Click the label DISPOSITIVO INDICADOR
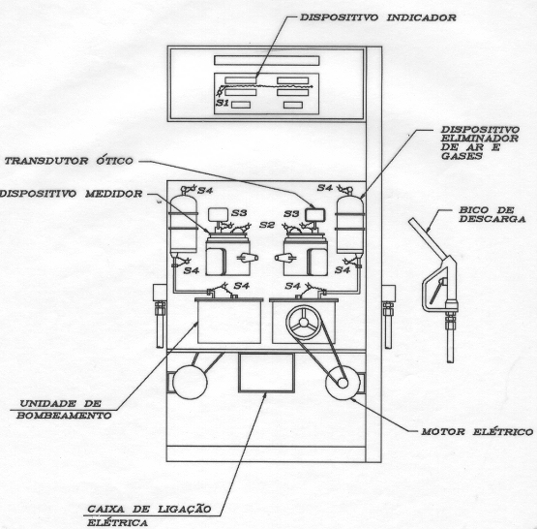tap(378, 17)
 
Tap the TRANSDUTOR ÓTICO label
tap(69, 161)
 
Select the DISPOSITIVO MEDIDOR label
tap(71, 194)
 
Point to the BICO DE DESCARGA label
tap(492, 214)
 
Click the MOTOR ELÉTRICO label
tap(477, 432)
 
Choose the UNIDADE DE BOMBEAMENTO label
tap(64, 410)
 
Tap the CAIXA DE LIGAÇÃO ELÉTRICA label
tap(149, 515)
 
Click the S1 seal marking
tap(223, 103)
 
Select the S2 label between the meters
tap(267, 225)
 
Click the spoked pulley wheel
tap(304, 323)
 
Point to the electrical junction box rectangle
tap(266, 373)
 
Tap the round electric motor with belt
tap(343, 383)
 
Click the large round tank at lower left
tap(190, 382)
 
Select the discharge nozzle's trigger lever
tap(437, 291)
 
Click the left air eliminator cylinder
tap(184, 225)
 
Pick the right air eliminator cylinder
tap(349, 225)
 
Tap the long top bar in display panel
tap(267, 61)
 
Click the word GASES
tap(462, 156)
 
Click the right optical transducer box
tap(315, 215)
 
